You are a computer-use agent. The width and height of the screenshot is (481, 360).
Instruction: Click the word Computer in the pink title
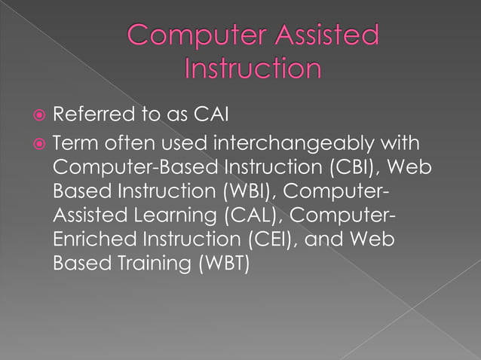point(191,35)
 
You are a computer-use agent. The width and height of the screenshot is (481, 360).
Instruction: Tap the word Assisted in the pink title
point(326,35)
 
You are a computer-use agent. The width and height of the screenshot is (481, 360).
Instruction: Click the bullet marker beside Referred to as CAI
point(40,116)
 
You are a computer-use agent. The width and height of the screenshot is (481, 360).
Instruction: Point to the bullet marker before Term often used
point(40,143)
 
